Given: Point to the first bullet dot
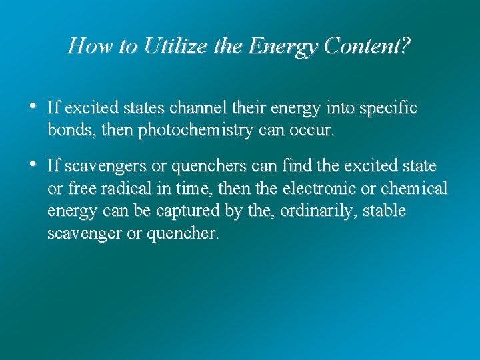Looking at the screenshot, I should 33,107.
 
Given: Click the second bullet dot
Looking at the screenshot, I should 33,164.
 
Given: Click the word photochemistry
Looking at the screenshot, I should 195,131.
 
